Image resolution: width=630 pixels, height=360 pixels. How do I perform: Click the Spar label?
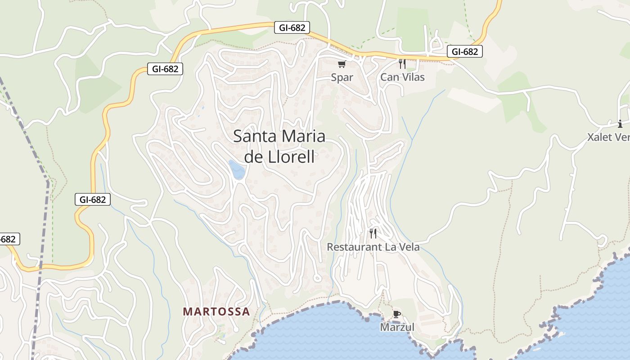coord(342,77)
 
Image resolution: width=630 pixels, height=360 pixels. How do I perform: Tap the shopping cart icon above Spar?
coord(342,64)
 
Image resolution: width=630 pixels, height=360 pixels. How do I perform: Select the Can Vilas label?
coord(402,77)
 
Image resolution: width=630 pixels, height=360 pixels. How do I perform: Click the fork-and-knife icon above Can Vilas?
coord(402,64)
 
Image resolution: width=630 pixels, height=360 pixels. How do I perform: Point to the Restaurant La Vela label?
coord(373,247)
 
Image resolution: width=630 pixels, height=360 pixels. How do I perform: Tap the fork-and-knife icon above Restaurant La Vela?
coord(373,233)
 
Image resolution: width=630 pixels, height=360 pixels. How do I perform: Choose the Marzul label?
coord(397,327)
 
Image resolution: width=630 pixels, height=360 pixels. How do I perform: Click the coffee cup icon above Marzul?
coord(396,314)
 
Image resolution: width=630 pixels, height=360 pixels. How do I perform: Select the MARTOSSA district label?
coord(216,311)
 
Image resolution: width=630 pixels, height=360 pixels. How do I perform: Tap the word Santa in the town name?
coord(256,136)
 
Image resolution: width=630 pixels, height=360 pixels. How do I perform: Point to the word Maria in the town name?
coord(304,136)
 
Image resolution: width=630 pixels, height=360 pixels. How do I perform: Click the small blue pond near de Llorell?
coord(237,170)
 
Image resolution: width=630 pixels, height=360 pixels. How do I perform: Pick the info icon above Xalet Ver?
coord(620,124)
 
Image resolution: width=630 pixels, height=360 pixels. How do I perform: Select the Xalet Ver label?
coord(608,137)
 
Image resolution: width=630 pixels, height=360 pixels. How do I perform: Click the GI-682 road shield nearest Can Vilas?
coord(465,52)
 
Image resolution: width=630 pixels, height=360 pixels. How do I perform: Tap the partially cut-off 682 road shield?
coord(9,239)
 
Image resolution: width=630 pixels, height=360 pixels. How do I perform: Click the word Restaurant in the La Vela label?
coord(355,247)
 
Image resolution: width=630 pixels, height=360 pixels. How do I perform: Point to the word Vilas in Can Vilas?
coord(413,77)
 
